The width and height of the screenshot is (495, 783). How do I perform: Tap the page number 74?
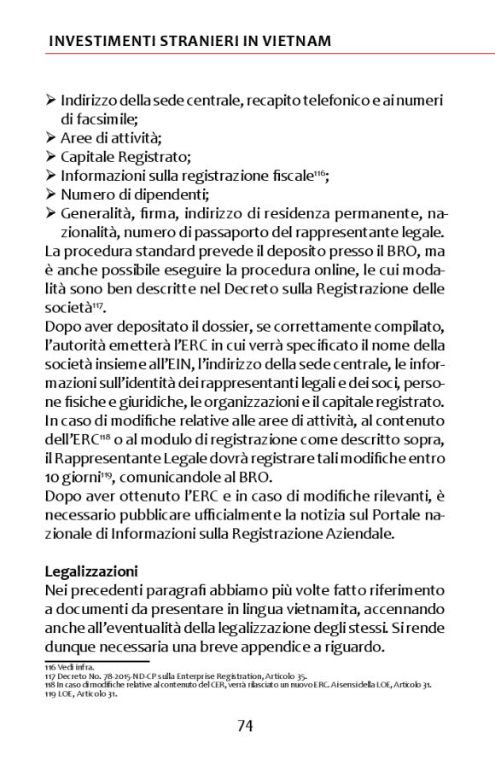pos(245,726)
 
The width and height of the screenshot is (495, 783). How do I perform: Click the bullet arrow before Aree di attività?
pos(50,137)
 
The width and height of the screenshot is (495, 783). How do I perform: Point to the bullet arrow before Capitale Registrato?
pos(50,156)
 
